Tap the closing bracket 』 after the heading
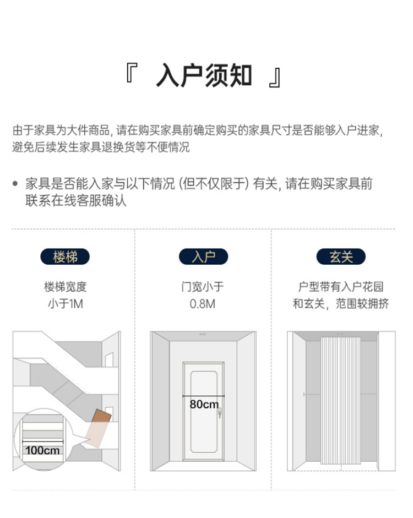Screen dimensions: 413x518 click(275, 78)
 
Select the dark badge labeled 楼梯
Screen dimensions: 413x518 click(66, 257)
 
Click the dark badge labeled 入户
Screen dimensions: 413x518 click(203, 257)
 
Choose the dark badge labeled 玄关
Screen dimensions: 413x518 click(341, 257)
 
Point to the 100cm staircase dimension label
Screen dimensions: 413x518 click(42, 450)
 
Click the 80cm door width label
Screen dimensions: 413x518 click(204, 405)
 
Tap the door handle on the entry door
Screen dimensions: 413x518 click(219, 410)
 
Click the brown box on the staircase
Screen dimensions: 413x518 click(101, 417)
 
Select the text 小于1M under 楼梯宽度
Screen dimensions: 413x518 click(66, 303)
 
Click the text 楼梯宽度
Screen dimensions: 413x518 click(66, 287)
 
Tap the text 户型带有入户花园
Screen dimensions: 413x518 click(341, 287)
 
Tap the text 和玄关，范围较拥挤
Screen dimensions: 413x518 click(341, 303)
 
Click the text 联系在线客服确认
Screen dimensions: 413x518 click(76, 200)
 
